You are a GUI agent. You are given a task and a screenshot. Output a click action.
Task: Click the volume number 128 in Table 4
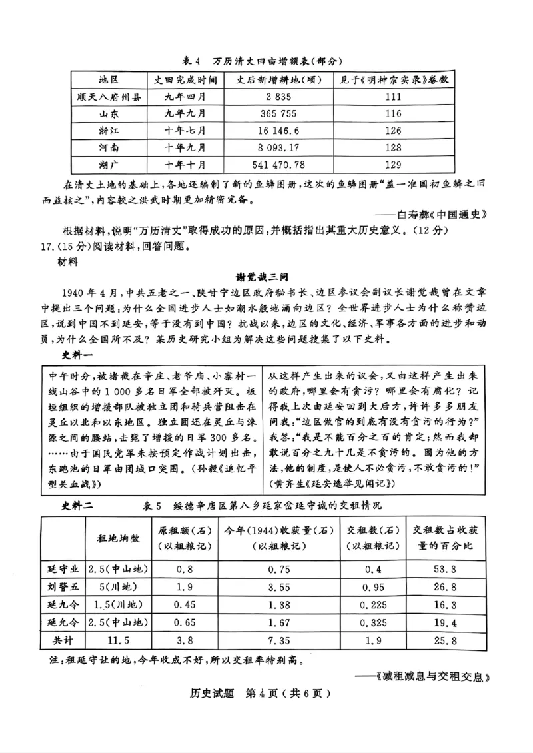[393, 147]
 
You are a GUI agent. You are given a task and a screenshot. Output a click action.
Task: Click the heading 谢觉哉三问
[266, 277]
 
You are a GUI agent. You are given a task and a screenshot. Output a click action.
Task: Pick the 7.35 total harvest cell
[277, 640]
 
